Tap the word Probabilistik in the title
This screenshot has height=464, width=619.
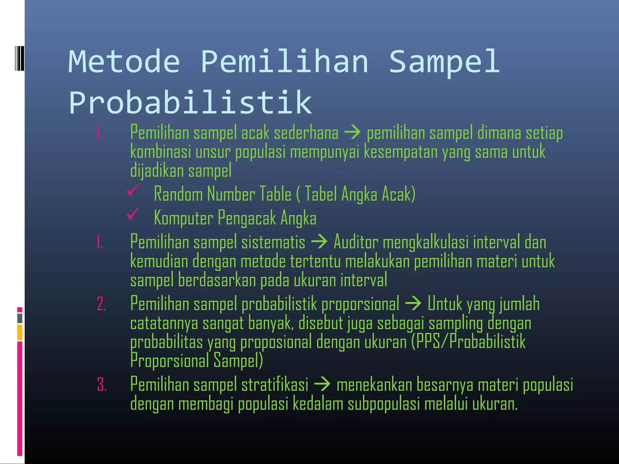(x=190, y=102)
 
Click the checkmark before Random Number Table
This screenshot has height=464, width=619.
(x=133, y=190)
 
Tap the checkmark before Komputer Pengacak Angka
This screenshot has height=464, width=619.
(x=133, y=214)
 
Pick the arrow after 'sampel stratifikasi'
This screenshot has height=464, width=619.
(x=322, y=384)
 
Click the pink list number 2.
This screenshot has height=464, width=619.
(x=102, y=304)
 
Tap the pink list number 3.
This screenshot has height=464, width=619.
(x=102, y=385)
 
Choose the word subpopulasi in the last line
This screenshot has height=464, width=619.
(x=384, y=404)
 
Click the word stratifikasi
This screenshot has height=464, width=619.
(x=275, y=385)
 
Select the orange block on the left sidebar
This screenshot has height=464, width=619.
(x=20, y=332)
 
